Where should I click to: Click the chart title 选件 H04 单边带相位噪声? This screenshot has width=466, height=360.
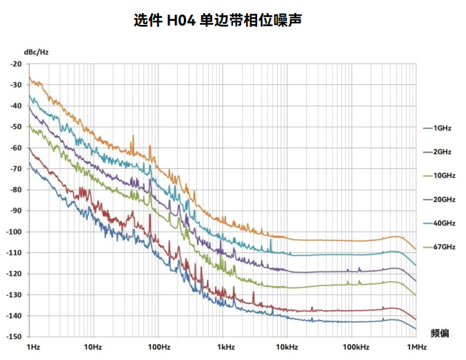coord(218,20)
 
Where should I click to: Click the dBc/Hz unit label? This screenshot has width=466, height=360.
coord(36,52)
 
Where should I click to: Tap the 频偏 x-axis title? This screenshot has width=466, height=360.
coord(440,332)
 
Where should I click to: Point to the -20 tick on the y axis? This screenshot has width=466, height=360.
coord(15,63)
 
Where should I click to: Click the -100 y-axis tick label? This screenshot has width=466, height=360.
coord(13,232)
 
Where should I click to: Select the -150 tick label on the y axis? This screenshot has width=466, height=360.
coord(13,337)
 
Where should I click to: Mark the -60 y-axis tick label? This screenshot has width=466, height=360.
coord(15,148)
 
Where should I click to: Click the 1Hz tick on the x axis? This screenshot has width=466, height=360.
coord(32,346)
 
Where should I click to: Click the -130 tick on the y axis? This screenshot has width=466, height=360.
coord(13,294)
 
